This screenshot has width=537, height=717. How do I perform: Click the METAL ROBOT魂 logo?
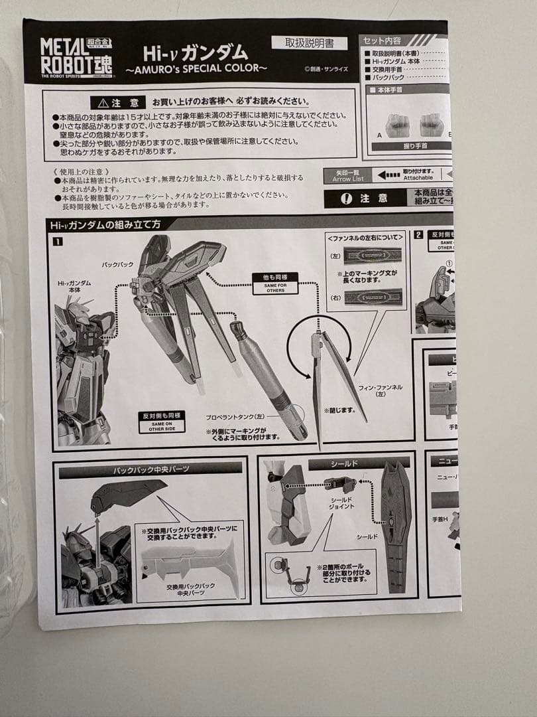click(77, 57)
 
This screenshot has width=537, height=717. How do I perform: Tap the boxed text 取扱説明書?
click(308, 42)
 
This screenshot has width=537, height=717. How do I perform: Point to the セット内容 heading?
click(383, 40)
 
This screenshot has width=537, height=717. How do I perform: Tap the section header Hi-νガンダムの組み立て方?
click(105, 224)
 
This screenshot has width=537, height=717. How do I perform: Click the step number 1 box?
click(58, 241)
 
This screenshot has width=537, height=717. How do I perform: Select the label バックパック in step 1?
click(117, 264)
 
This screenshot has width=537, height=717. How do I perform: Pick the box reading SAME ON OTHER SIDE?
click(162, 421)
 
